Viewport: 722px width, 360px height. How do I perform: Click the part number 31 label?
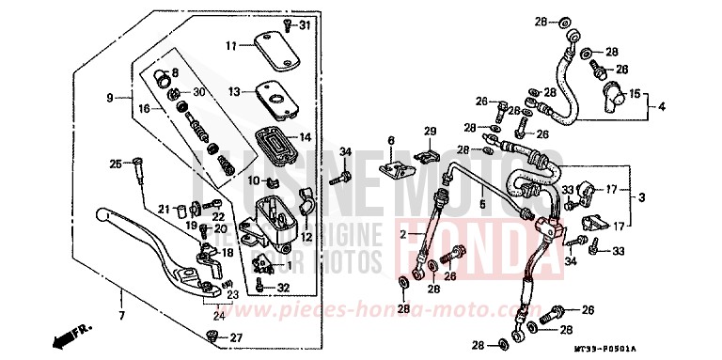coord(304,24)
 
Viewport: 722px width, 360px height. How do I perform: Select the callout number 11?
coord(230,45)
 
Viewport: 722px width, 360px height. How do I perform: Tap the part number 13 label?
coord(233,91)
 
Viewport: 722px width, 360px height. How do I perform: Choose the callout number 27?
coord(236,337)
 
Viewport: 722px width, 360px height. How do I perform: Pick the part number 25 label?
coord(116,164)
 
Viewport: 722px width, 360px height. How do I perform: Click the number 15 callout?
coord(635,93)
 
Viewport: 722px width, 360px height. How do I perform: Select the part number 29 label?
coord(431,131)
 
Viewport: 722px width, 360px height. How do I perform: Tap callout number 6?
coord(388,140)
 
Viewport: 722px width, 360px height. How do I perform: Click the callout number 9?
coord(109,97)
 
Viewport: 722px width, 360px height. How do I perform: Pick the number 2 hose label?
coord(407,232)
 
